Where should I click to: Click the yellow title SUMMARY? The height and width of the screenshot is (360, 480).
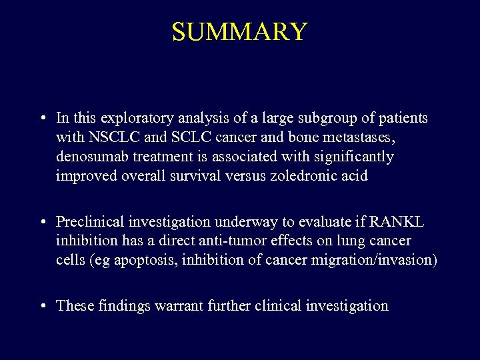(x=239, y=32)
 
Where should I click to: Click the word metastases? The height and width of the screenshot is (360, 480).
(x=335, y=138)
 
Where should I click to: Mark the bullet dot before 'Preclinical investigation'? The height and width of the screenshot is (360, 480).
(x=42, y=222)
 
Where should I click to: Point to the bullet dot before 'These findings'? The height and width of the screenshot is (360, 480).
(x=42, y=307)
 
